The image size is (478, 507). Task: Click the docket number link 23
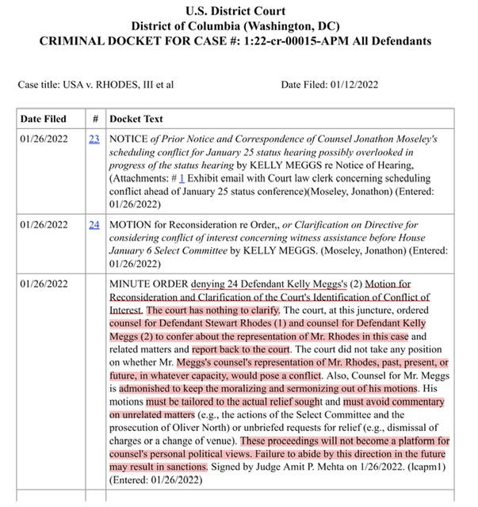[94, 139]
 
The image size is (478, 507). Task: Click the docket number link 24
[94, 224]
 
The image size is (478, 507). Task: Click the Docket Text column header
[136, 119]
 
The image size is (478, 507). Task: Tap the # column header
[94, 119]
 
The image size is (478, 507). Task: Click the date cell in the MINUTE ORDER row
[44, 283]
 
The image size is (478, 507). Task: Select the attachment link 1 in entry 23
[182, 179]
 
